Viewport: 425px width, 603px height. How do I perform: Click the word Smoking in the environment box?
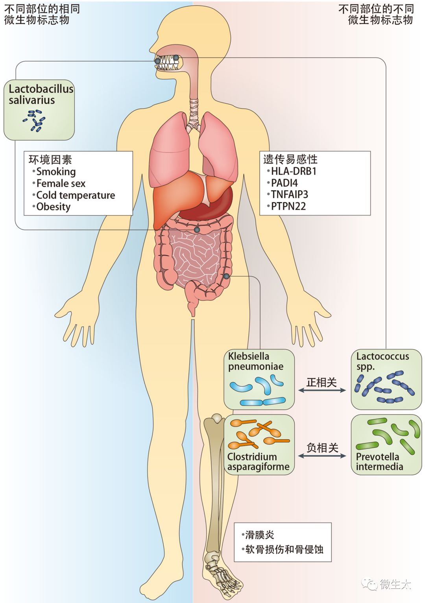[56, 172]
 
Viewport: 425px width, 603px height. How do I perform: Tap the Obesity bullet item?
[53, 207]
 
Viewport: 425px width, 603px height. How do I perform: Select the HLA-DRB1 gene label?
[294, 171]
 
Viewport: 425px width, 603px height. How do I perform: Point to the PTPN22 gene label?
[288, 206]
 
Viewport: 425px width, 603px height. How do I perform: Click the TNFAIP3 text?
[289, 194]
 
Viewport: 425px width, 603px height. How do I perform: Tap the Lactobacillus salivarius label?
[41, 94]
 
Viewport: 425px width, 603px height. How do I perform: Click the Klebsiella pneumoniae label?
[255, 361]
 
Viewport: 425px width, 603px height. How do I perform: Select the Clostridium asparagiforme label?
[258, 462]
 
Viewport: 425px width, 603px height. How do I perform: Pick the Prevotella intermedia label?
[379, 462]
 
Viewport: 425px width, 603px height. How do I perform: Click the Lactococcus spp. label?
[382, 361]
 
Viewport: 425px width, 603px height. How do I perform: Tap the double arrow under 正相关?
[322, 390]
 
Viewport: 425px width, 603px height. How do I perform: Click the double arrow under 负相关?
[322, 456]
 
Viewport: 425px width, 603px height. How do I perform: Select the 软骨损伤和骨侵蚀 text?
[284, 549]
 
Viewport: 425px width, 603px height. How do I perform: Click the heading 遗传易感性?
[290, 159]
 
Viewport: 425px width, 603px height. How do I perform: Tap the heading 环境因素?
[50, 159]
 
